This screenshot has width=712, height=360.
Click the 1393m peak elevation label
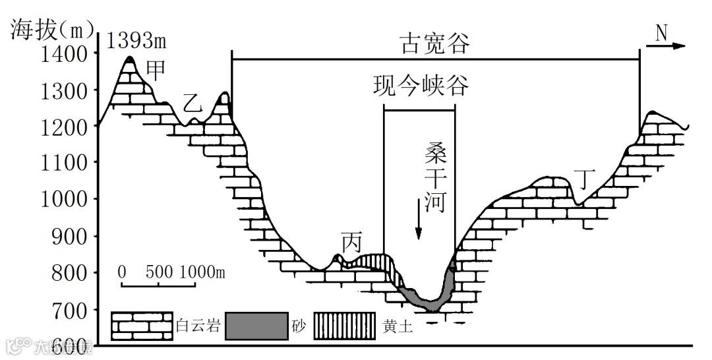(x=136, y=41)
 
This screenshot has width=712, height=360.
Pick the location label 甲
(x=155, y=69)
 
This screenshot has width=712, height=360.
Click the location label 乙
(x=191, y=104)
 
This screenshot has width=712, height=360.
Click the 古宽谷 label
(x=435, y=44)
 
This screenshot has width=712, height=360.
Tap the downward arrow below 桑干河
(x=418, y=224)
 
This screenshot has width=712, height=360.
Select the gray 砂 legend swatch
(x=256, y=326)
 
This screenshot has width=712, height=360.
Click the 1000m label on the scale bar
(x=202, y=272)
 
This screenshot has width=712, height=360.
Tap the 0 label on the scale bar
(x=122, y=272)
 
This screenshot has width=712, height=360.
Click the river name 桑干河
(x=436, y=178)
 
